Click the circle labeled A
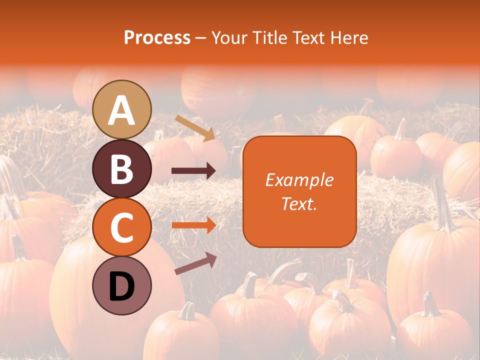(x=122, y=109)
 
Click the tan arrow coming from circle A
(x=195, y=128)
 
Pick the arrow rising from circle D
(x=195, y=263)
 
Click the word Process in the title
(x=157, y=37)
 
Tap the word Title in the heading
(x=271, y=37)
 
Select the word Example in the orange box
(x=299, y=180)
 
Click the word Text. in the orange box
(x=299, y=204)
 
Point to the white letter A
(x=122, y=110)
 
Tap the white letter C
(x=122, y=227)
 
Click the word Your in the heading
(x=230, y=37)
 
